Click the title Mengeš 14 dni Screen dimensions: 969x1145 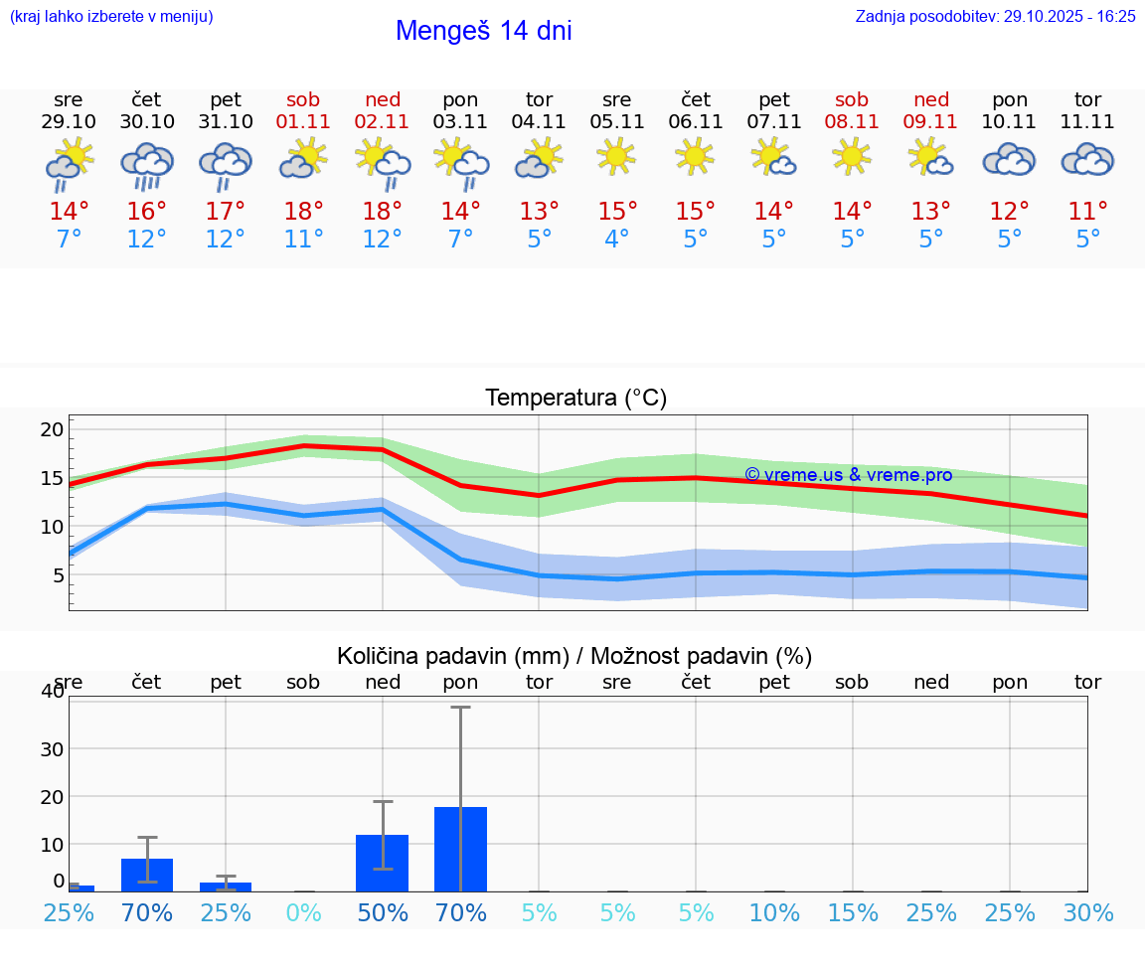(x=483, y=31)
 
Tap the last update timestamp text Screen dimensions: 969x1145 (x=995, y=16)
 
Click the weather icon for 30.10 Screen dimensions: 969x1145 (x=147, y=164)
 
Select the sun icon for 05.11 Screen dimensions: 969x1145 (x=616, y=156)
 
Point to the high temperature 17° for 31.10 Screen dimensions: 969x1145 (x=226, y=212)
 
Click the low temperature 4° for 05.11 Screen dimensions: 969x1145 (x=616, y=240)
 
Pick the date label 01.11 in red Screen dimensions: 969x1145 (x=303, y=121)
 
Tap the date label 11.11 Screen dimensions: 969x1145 (x=1087, y=121)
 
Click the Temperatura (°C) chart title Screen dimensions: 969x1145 (x=575, y=399)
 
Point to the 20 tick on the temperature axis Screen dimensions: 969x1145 (x=52, y=429)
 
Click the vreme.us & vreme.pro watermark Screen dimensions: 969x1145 (x=848, y=475)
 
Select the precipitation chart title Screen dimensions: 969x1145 (x=574, y=656)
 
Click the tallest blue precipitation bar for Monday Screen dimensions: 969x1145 (x=460, y=849)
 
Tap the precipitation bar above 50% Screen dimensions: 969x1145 (x=382, y=863)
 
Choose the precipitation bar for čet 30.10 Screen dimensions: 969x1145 (x=147, y=875)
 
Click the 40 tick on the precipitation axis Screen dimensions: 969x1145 (x=52, y=692)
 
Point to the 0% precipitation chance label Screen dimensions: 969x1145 (x=303, y=912)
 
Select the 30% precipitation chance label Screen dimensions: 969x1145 (x=1087, y=912)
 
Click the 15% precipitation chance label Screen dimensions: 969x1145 (x=852, y=912)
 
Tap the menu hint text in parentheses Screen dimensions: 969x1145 (x=111, y=16)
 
